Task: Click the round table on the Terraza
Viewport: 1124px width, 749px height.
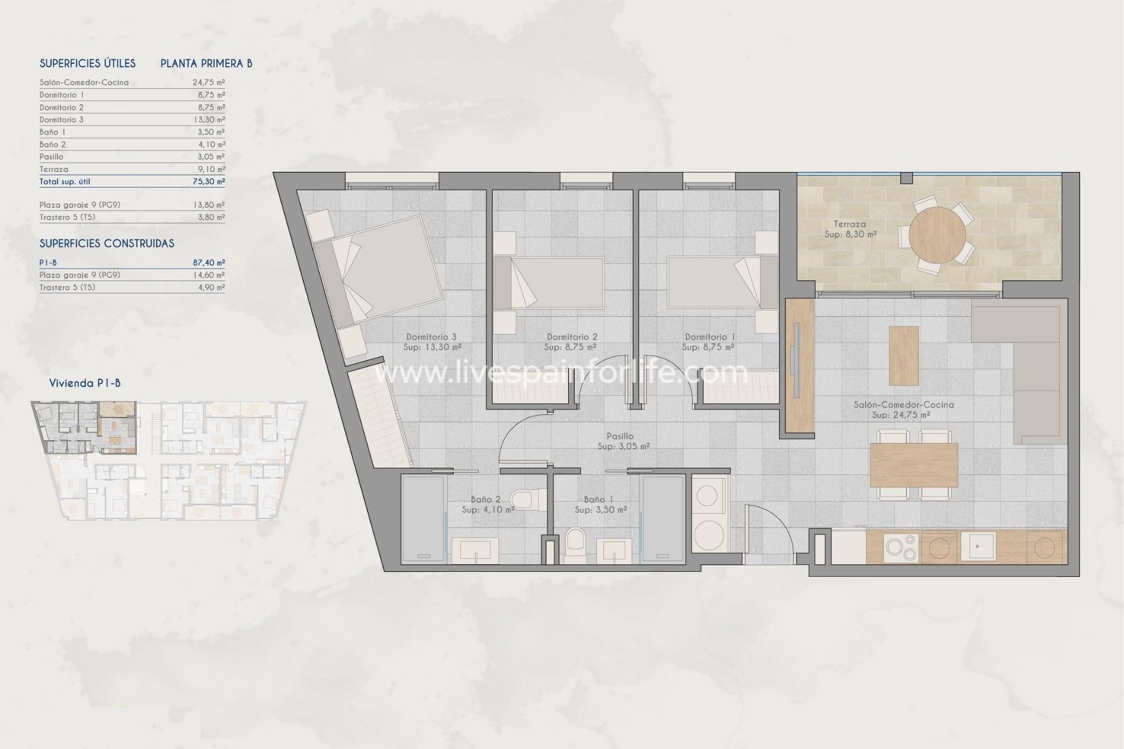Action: pyautogui.click(x=937, y=235)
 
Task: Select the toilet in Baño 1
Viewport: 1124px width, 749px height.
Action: pyautogui.click(x=575, y=544)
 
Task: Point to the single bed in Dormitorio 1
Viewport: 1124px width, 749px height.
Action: pyautogui.click(x=714, y=283)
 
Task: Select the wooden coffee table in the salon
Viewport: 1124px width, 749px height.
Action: pyautogui.click(x=903, y=355)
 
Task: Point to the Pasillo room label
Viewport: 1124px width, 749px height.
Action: pyautogui.click(x=621, y=436)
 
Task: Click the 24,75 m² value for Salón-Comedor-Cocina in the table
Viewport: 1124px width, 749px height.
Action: pyautogui.click(x=208, y=83)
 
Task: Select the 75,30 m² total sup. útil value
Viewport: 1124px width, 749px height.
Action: pyautogui.click(x=208, y=181)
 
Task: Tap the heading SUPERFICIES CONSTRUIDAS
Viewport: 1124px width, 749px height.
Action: pyautogui.click(x=107, y=243)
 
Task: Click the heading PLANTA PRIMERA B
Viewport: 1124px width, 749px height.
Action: pyautogui.click(x=206, y=63)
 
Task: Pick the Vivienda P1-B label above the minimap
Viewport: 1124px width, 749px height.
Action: pyautogui.click(x=85, y=383)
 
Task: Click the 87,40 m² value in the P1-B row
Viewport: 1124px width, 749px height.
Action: pyautogui.click(x=208, y=263)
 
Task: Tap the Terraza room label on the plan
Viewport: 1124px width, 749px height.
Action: pyautogui.click(x=849, y=224)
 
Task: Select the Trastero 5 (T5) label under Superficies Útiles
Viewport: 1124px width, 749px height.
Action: pyautogui.click(x=67, y=217)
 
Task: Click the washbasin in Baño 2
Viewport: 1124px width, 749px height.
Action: pyautogui.click(x=478, y=549)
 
